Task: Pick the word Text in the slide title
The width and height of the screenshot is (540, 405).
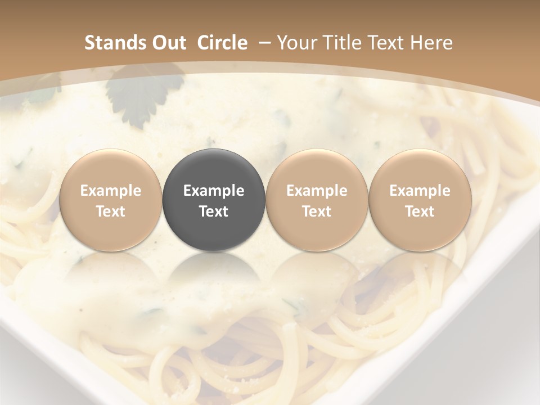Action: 389,43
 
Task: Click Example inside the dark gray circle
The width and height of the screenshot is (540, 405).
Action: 214,191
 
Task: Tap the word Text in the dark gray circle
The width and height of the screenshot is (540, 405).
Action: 214,211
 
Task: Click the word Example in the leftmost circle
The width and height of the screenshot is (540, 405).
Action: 111,191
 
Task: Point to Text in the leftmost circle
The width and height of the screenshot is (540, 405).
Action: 111,211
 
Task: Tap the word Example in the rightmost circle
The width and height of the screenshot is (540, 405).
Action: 420,191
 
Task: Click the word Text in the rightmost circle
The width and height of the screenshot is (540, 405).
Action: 420,211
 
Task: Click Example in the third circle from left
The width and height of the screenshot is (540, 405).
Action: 317,191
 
